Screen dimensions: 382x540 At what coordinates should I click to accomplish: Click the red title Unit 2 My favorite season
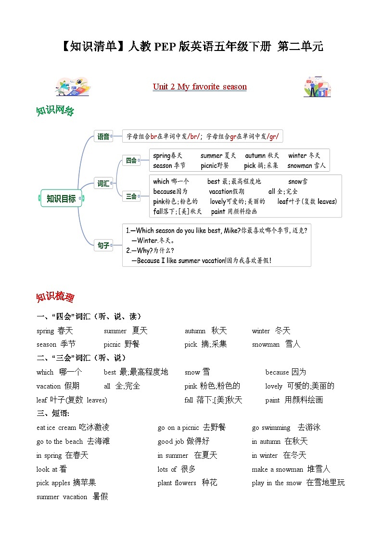click(200, 87)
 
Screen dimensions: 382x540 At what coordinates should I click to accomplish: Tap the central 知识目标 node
click(61, 198)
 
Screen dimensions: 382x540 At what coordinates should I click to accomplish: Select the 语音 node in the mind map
click(103, 137)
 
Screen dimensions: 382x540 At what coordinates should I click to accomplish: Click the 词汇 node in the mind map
click(103, 183)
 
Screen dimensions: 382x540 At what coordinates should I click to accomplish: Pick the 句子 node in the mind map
click(103, 245)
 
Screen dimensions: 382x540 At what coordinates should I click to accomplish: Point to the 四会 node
click(131, 160)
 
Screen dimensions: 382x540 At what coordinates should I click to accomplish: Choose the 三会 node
click(131, 196)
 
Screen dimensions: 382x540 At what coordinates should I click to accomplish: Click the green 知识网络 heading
click(55, 111)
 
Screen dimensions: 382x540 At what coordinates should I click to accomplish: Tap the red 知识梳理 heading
click(55, 297)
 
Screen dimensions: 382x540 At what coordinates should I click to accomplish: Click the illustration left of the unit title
click(73, 87)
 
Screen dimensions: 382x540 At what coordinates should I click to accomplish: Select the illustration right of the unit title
click(317, 87)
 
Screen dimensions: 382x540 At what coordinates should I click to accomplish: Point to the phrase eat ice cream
click(56, 427)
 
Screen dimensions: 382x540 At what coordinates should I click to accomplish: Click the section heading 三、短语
click(53, 414)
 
